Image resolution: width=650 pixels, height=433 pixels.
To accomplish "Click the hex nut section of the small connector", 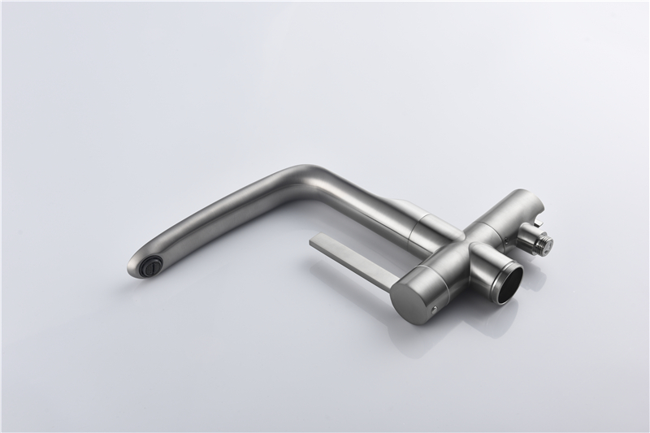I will point(537,235).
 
